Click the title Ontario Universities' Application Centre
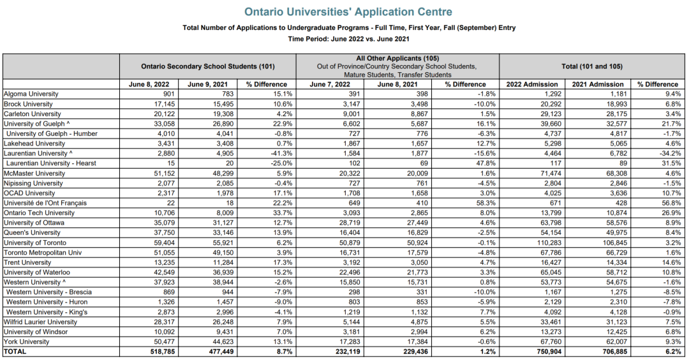[x=348, y=11]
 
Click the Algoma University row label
[x=31, y=94]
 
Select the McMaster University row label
[x=34, y=173]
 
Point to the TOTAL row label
[x=16, y=352]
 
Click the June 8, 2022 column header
[x=149, y=84]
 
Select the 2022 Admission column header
[x=531, y=84]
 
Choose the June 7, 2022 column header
[x=330, y=84]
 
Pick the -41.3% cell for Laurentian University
[x=280, y=153]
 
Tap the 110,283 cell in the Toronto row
[x=544, y=243]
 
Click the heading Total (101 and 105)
[x=592, y=66]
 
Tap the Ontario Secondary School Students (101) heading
[x=208, y=66]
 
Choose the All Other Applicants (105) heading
[x=397, y=58]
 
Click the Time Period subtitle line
[x=348, y=38]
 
